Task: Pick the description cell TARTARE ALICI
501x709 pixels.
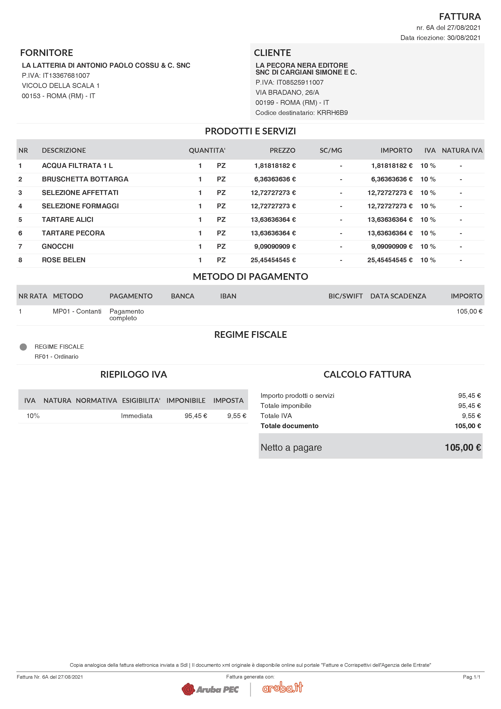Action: (68, 220)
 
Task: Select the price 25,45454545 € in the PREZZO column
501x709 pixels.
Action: (273, 260)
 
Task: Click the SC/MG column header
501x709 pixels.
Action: (331, 150)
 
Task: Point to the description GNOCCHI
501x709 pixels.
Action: (58, 247)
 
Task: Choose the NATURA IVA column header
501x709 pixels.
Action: (462, 150)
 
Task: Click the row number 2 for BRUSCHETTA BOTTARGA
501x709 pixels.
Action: (20, 179)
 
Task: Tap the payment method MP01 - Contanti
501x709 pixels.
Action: (77, 311)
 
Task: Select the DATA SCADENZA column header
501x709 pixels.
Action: (398, 296)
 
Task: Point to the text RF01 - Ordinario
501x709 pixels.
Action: (57, 357)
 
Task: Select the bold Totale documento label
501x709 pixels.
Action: (289, 426)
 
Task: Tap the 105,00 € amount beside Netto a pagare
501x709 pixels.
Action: (463, 448)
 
